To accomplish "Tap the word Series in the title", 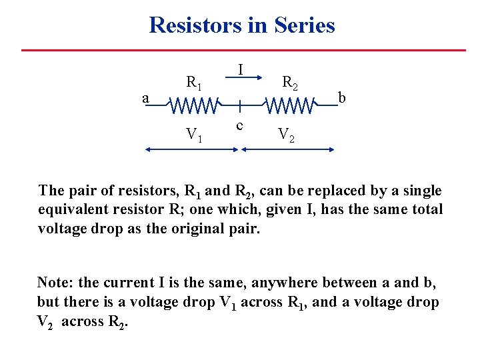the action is (304, 25).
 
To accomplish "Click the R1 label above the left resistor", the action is (194, 83).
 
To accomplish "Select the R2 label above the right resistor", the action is (290, 83).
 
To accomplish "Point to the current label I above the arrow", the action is (240, 69).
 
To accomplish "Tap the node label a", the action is (145, 98).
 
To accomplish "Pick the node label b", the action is (342, 98).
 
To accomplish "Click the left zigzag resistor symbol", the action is (193, 105).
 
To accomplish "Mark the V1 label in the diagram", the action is (194, 135).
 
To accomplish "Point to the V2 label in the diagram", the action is (286, 135).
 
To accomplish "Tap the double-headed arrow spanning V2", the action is (287, 151).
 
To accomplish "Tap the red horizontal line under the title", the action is (243, 50).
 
